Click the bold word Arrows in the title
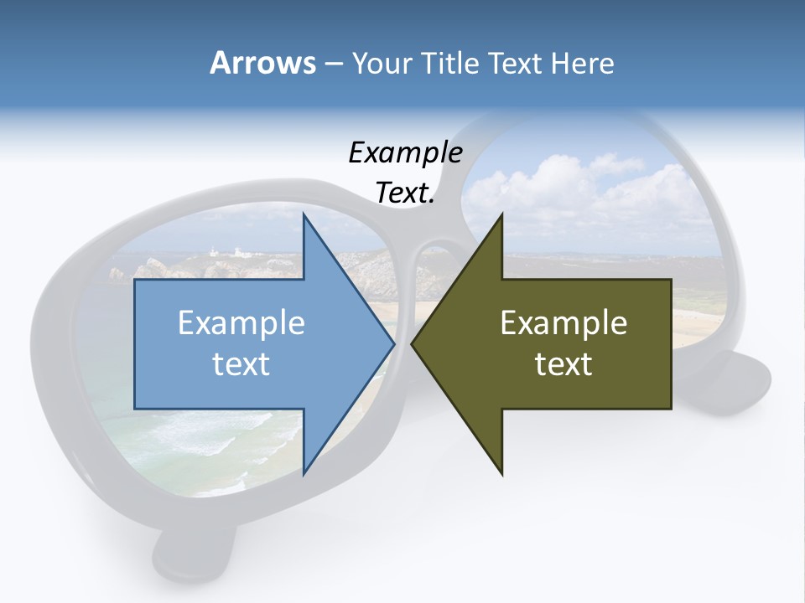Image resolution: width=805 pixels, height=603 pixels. [x=262, y=63]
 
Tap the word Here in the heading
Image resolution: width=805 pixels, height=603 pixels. [x=582, y=63]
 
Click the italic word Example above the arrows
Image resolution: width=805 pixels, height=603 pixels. [x=405, y=153]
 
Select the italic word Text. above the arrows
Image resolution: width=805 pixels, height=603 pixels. [x=405, y=193]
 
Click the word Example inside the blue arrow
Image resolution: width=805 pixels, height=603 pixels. [x=241, y=322]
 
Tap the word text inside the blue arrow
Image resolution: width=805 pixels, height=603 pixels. [x=241, y=363]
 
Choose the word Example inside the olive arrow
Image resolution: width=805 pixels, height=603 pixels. [x=563, y=322]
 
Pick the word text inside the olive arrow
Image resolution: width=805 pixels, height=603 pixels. [x=563, y=363]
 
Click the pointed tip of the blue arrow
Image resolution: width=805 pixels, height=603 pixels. [x=393, y=343]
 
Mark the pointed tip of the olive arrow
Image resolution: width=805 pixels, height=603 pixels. [x=413, y=343]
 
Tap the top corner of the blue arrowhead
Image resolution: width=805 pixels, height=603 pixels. [x=304, y=214]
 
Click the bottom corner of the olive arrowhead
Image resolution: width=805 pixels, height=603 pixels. [x=501, y=474]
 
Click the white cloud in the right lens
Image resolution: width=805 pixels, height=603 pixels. [x=553, y=188]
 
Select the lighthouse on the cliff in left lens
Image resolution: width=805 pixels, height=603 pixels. [x=213, y=250]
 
